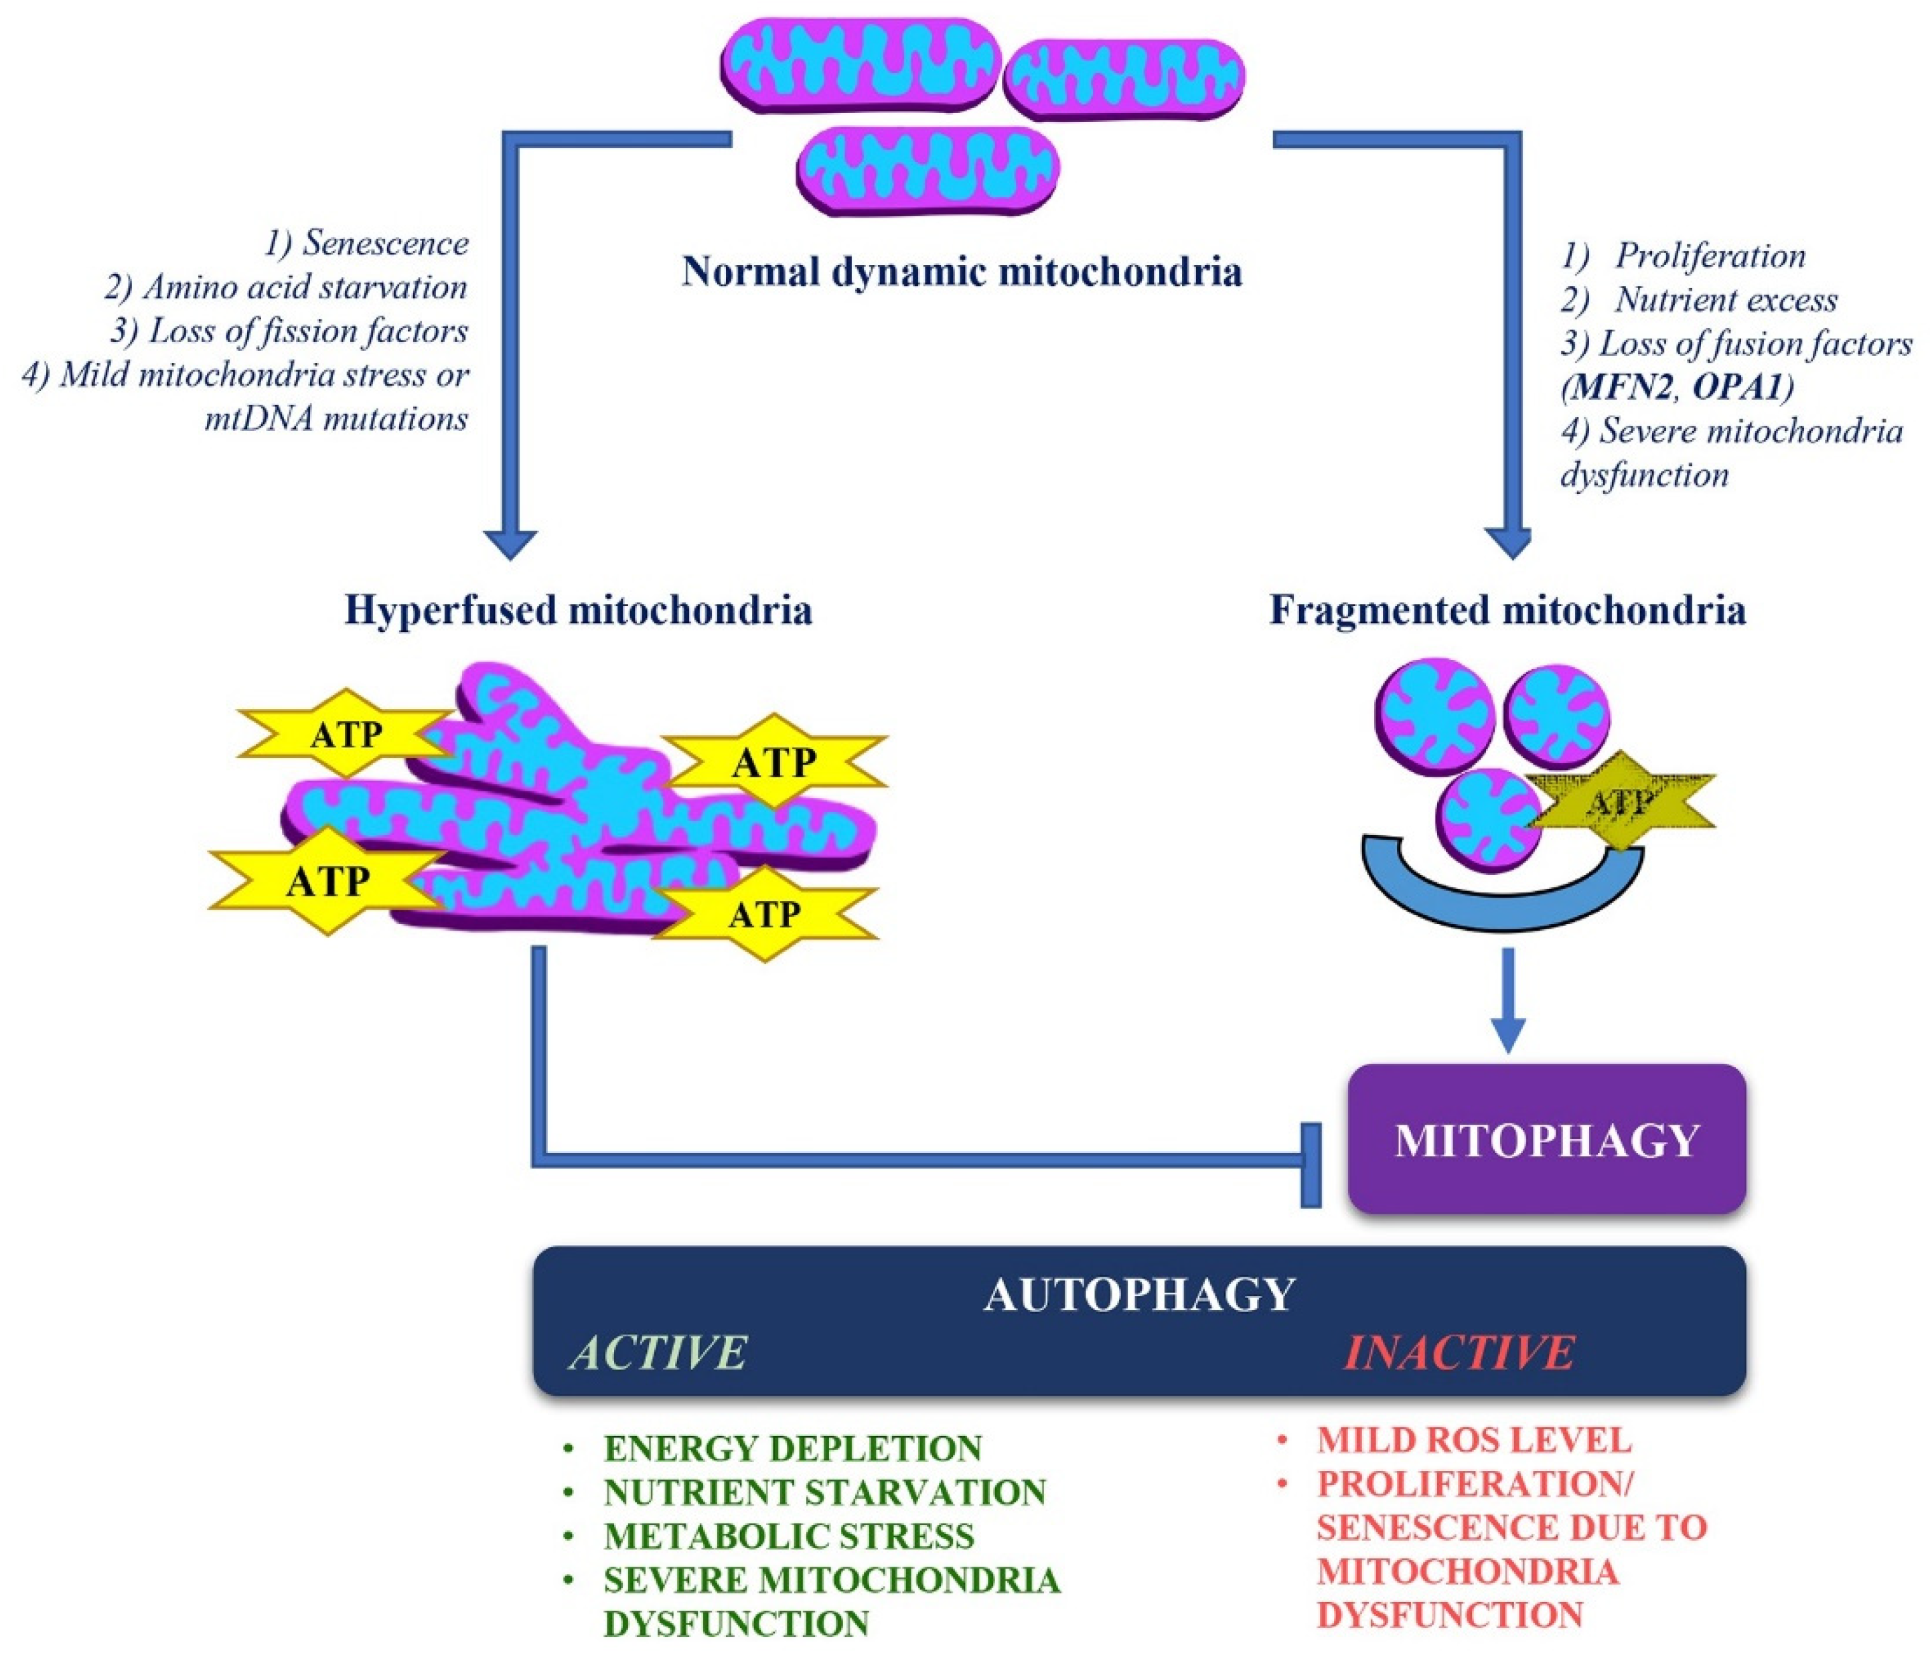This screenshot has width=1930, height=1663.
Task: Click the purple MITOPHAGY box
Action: point(1546,1139)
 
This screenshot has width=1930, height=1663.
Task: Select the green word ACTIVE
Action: point(658,1352)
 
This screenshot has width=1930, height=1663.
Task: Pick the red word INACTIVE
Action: point(1459,1352)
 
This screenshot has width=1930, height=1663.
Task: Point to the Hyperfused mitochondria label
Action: point(577,611)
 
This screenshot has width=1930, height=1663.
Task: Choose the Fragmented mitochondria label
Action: point(1507,611)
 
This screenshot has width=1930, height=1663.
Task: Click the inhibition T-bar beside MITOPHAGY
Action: point(1311,1165)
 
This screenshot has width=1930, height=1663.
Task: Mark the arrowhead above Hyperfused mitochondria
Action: point(510,543)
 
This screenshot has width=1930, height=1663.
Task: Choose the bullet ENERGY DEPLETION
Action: point(792,1449)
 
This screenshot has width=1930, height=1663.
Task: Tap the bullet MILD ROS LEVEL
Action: point(1473,1441)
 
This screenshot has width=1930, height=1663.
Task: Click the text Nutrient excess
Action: point(1726,300)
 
